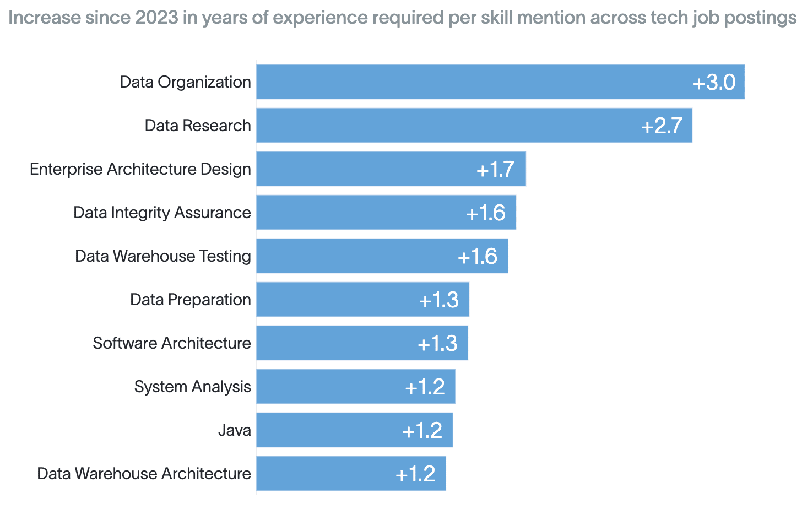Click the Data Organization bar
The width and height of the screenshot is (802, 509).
(501, 82)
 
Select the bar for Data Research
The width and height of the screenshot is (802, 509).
(474, 126)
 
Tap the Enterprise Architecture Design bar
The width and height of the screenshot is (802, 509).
(391, 169)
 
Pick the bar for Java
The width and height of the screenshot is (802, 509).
(355, 430)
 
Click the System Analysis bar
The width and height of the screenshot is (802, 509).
(356, 387)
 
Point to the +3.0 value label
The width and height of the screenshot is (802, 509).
(714, 82)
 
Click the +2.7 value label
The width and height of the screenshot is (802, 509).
(662, 126)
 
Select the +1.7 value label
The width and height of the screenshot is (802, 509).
(496, 169)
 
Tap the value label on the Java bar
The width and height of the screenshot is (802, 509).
(422, 430)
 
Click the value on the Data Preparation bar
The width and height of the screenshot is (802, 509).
(439, 300)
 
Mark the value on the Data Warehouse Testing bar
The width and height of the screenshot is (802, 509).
(478, 256)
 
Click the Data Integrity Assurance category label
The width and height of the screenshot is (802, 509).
(162, 213)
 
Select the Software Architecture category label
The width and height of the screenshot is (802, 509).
(172, 343)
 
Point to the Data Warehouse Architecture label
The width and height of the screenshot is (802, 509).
(144, 474)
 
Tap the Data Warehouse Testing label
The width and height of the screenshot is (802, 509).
(163, 256)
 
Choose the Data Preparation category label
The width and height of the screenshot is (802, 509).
(191, 300)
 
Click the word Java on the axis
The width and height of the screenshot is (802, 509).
(235, 430)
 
